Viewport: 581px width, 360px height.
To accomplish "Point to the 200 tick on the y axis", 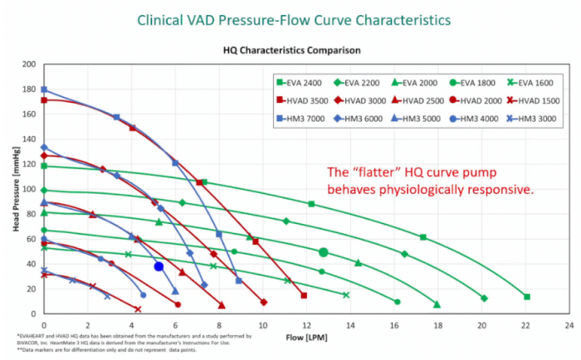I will (x=31, y=64).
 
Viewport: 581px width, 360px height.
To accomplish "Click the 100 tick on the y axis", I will (x=31, y=190).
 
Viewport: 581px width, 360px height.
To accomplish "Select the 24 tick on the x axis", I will (x=569, y=326).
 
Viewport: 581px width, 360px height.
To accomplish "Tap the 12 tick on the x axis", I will (x=306, y=326).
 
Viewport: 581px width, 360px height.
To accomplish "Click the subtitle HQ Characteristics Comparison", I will (x=291, y=50).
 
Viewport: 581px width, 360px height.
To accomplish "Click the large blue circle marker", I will (x=159, y=266).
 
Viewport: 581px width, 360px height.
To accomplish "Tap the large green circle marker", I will (x=324, y=252).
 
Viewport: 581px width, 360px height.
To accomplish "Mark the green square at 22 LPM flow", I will (x=526, y=297).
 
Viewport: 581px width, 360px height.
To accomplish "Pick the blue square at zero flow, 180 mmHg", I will (x=44, y=90).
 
